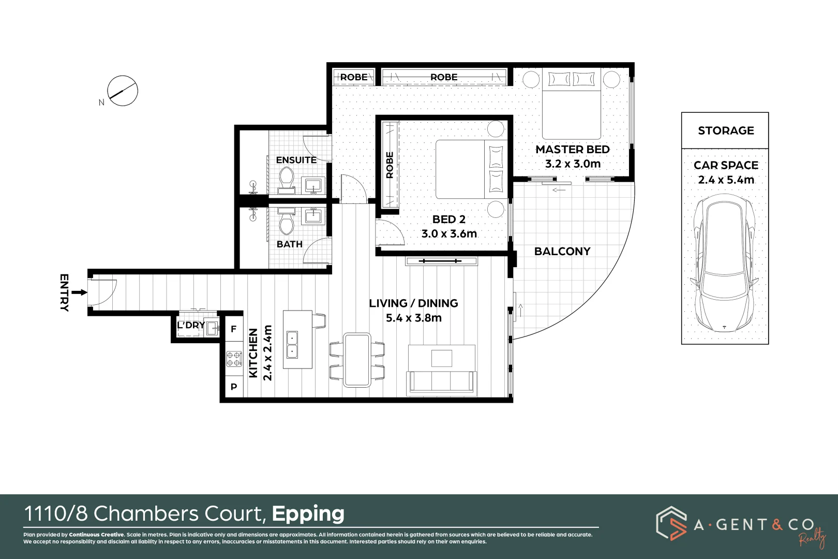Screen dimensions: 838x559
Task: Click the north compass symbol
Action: (122, 91)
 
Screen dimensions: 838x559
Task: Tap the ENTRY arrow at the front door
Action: (79, 292)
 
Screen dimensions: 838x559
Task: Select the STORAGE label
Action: (726, 130)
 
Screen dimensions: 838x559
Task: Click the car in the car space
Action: (724, 263)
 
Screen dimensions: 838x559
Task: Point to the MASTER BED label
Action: (573, 149)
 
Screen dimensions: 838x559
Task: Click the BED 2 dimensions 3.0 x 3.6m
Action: (449, 233)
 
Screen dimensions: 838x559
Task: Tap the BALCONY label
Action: (562, 251)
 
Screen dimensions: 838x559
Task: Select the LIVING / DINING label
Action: (413, 303)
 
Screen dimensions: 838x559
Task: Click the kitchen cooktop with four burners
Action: (234, 358)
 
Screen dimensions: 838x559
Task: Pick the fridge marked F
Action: (234, 329)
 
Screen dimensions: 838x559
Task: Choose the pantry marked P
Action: (234, 387)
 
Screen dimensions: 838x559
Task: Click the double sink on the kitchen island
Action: (292, 345)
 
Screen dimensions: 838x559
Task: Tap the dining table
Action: (357, 360)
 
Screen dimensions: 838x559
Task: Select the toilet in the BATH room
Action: (287, 221)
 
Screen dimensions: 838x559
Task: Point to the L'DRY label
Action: (191, 325)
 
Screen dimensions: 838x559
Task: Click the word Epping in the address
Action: (308, 514)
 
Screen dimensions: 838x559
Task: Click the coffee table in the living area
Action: (441, 358)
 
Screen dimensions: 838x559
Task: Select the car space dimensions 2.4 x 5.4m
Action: (726, 180)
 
